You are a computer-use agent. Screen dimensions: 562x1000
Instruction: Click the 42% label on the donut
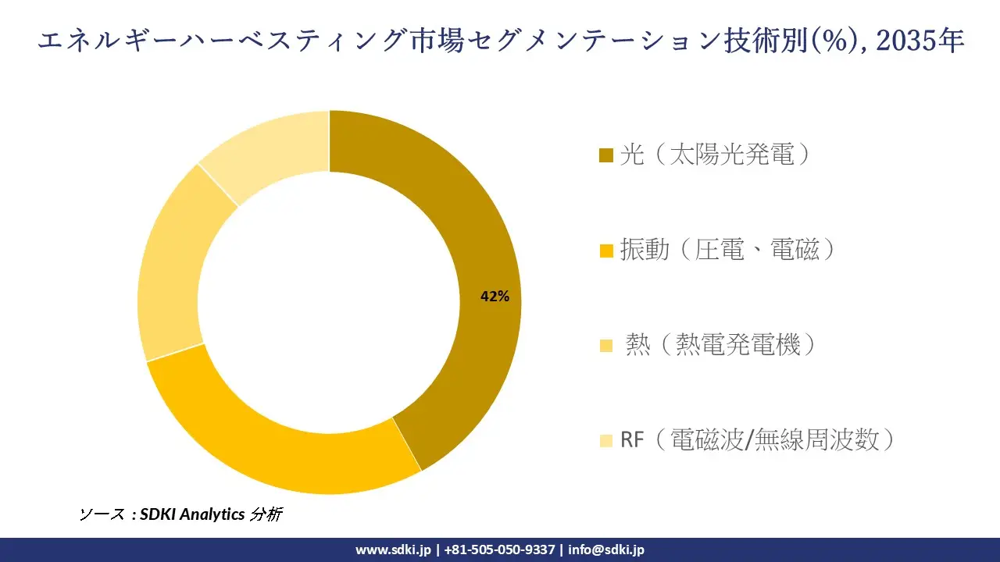[x=495, y=297]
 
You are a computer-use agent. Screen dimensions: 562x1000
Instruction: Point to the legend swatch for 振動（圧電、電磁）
[x=606, y=251]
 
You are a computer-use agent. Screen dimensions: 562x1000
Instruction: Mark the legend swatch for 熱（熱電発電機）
[x=606, y=346]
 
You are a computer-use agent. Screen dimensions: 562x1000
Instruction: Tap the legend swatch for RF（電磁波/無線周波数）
[x=606, y=441]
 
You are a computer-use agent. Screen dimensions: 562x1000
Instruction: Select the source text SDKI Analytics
[x=192, y=514]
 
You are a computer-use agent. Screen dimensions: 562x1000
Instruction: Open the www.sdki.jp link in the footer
[x=393, y=550]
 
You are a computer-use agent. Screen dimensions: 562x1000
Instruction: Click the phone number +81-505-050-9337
[x=500, y=550]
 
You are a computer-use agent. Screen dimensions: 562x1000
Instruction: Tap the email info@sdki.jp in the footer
[x=606, y=550]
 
